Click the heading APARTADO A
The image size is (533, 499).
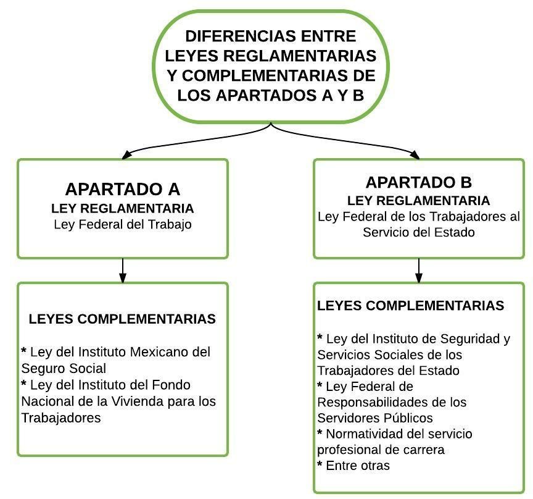pyautogui.click(x=122, y=189)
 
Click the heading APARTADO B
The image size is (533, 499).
pyautogui.click(x=418, y=182)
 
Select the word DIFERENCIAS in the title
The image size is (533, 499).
pyautogui.click(x=238, y=36)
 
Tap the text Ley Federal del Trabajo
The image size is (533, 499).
pyautogui.click(x=123, y=225)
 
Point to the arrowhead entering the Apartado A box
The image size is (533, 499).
pyautogui.click(x=126, y=155)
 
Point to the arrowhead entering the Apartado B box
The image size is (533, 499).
pyautogui.click(x=415, y=155)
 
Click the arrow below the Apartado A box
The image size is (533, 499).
pyautogui.click(x=123, y=270)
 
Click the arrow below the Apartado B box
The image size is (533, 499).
pyautogui.click(x=419, y=270)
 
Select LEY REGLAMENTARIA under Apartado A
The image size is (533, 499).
pyautogui.click(x=122, y=209)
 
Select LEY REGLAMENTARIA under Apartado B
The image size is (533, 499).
pyautogui.click(x=418, y=201)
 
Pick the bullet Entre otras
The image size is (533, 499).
pyautogui.click(x=353, y=465)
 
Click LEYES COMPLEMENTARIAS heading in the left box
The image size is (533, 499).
pyautogui.click(x=122, y=319)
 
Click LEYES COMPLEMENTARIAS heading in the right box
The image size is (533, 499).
pyautogui.click(x=411, y=305)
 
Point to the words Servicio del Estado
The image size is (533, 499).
pyautogui.click(x=418, y=232)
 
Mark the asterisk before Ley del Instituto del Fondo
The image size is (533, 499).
pyautogui.click(x=24, y=383)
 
